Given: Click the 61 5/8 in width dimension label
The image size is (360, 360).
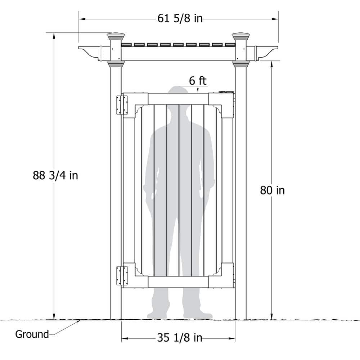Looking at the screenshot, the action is (x=180, y=18).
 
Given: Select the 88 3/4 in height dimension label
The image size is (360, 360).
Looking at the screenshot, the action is (x=55, y=175).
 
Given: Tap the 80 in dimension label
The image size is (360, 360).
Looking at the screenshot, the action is (x=272, y=190).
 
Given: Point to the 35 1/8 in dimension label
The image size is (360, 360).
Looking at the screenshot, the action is (x=180, y=338).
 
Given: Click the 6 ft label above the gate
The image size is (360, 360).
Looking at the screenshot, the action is (x=198, y=81).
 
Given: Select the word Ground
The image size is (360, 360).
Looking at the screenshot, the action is (x=32, y=334).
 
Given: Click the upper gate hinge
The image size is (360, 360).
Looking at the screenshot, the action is (x=122, y=105).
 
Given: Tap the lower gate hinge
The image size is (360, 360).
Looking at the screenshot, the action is (x=122, y=276).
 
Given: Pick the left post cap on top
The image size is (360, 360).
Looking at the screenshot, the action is (x=116, y=36).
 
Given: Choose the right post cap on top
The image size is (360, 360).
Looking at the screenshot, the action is (x=240, y=36).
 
